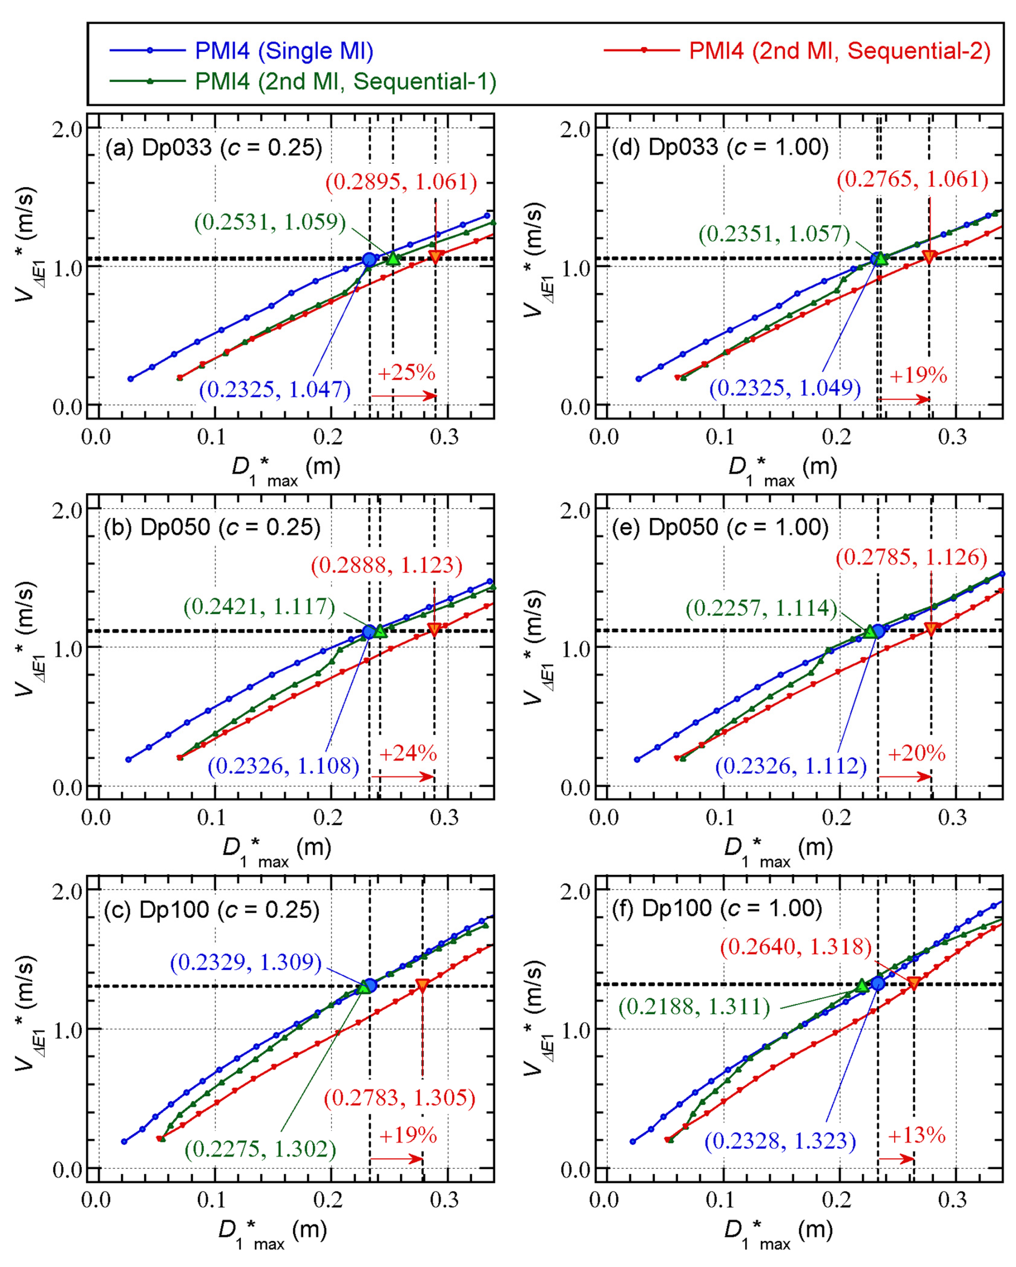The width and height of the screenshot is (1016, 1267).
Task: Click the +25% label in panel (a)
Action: (x=406, y=372)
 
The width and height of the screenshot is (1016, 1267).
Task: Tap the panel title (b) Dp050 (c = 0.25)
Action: (x=212, y=527)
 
